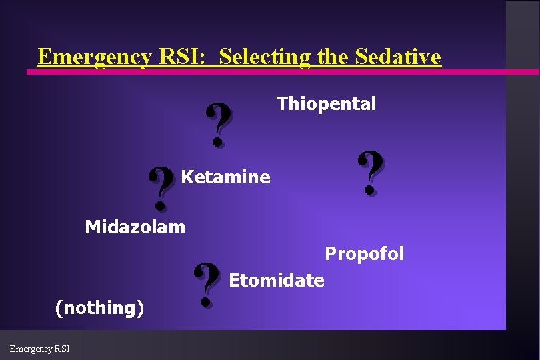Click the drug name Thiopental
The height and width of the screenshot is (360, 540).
click(326, 104)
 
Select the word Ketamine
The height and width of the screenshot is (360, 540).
click(225, 177)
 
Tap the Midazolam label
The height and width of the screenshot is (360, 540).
click(135, 227)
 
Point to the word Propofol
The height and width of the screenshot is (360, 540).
click(364, 254)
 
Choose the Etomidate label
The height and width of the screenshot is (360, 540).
click(276, 281)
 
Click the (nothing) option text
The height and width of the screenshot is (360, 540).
click(99, 308)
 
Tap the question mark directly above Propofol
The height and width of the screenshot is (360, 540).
click(371, 173)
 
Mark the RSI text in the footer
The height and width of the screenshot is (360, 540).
click(63, 349)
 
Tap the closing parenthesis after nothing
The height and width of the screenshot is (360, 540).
click(141, 308)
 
